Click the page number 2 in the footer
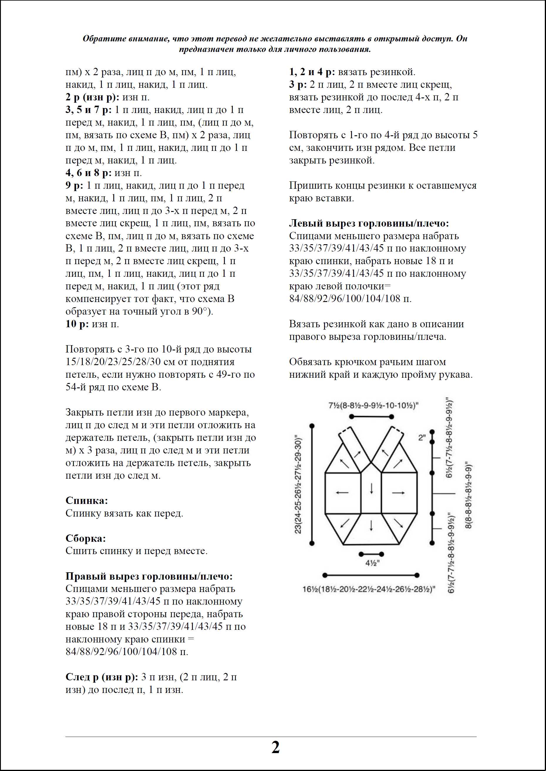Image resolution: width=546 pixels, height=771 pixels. click(275, 748)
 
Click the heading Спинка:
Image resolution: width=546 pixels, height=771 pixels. click(87, 500)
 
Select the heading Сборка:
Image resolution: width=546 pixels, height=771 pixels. click(86, 539)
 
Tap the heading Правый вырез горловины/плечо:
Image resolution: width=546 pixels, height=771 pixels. click(149, 576)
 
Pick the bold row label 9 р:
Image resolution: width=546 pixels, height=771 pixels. click(75, 185)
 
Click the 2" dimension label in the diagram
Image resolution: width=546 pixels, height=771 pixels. click(422, 438)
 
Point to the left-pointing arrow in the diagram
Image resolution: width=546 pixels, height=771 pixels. click(342, 493)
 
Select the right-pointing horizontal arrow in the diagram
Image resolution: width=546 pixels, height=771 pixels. click(398, 493)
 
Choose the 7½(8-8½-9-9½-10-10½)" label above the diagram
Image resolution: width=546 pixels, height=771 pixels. click(373, 406)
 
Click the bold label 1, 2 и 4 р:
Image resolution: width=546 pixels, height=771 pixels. click(312, 72)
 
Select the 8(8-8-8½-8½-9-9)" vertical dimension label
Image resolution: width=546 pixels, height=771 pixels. click(468, 496)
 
